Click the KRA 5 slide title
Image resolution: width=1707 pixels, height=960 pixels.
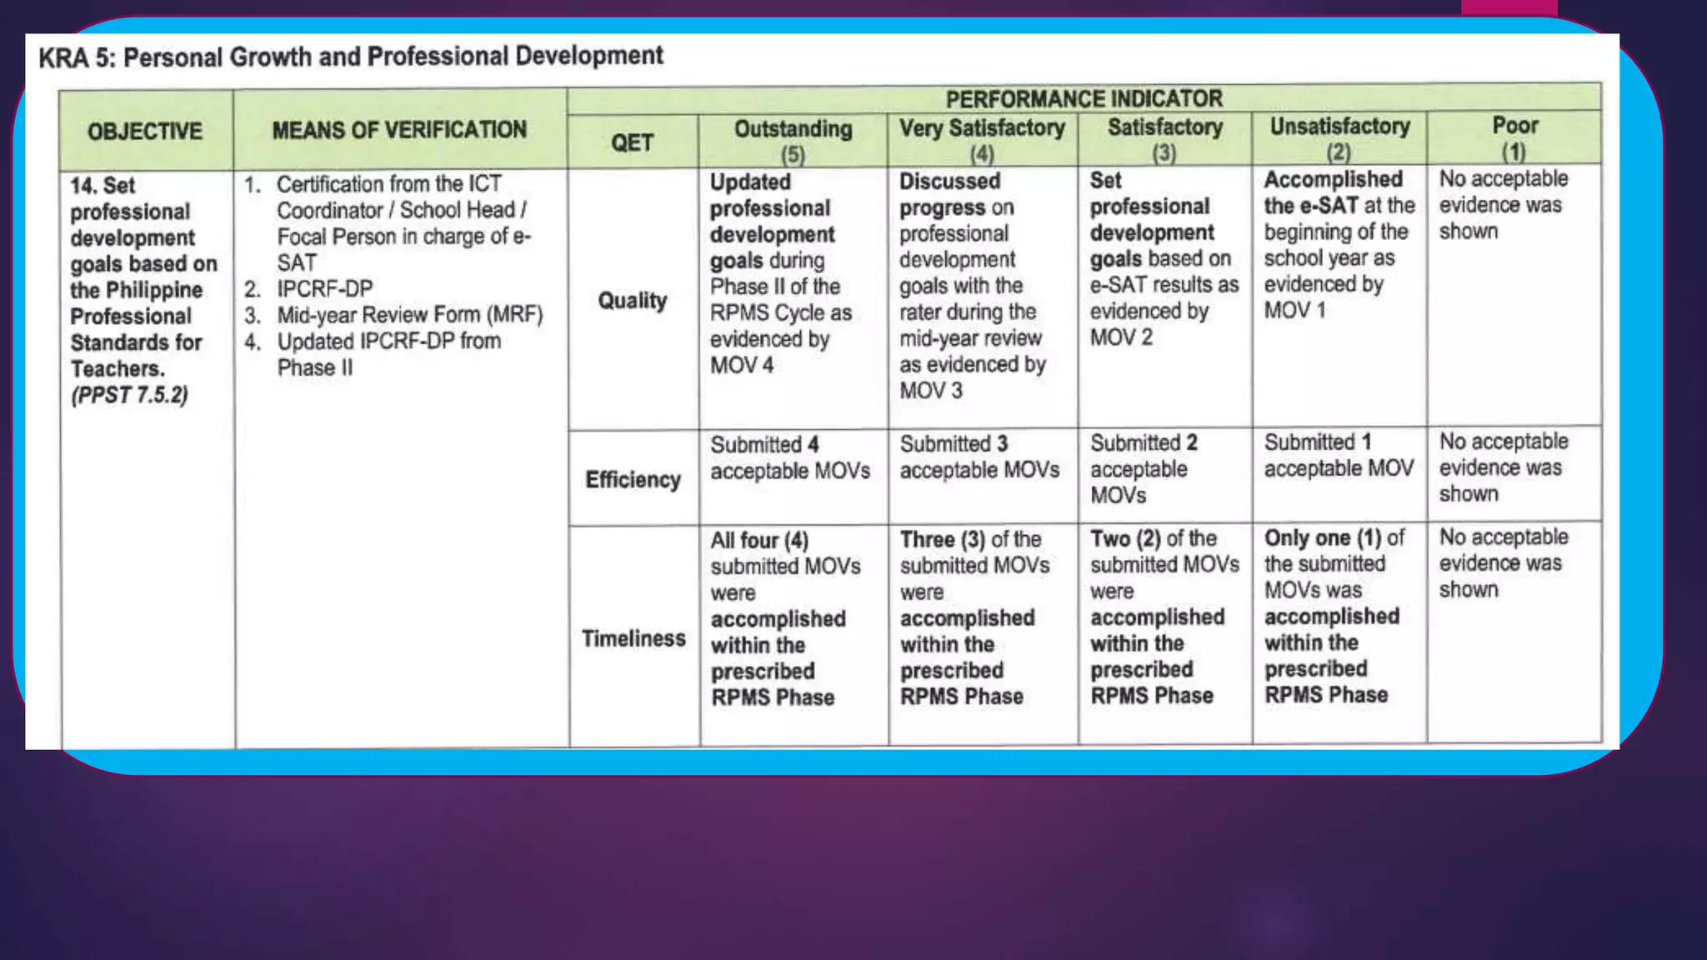pos(351,57)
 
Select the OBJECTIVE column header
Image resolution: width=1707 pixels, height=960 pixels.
pos(145,131)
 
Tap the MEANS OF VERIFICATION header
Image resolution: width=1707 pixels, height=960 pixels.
pos(399,130)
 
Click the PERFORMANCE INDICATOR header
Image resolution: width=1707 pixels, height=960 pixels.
pos(1084,98)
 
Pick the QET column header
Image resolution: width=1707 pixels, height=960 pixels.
pos(632,142)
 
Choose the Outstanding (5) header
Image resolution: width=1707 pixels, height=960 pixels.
pos(793,139)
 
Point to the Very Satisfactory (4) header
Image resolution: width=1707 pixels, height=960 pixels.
pos(982,138)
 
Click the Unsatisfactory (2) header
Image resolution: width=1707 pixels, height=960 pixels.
pos(1339,137)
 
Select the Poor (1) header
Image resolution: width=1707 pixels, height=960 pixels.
pos(1514,137)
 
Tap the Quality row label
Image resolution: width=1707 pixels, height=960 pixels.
pos(633,300)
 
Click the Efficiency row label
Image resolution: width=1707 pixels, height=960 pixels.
pos(633,479)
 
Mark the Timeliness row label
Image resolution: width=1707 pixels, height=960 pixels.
pos(633,638)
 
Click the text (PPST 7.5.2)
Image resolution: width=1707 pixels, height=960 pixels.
pos(129,395)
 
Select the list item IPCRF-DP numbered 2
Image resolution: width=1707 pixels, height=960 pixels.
pos(324,288)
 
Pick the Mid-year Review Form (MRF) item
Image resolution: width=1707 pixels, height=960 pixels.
pos(409,315)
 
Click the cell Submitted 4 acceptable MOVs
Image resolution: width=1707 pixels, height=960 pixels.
pos(789,457)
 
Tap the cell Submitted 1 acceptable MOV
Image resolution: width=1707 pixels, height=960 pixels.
pos(1338,455)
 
